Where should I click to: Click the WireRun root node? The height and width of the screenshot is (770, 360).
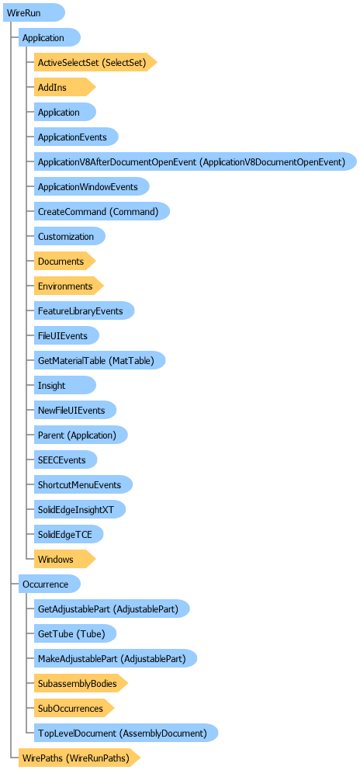coord(34,12)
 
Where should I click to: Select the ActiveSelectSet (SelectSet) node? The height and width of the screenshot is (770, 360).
coord(95,62)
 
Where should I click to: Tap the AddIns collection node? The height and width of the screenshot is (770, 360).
coord(64,88)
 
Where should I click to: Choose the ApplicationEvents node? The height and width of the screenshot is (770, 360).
coord(76,137)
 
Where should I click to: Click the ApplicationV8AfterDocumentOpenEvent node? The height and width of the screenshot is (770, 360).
coord(195,161)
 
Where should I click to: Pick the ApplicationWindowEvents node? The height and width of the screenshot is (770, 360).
coord(92,186)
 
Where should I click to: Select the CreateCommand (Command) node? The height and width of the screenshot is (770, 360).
coord(102,211)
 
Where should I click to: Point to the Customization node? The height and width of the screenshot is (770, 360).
coord(70,236)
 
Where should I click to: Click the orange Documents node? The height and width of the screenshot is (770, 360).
coord(64,261)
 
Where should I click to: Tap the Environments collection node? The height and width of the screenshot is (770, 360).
coord(69,286)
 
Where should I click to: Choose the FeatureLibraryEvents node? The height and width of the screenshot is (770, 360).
coord(84,310)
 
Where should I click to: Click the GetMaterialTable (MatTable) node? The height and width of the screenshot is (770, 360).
coord(99,360)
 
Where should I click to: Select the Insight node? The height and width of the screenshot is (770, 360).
coord(65,385)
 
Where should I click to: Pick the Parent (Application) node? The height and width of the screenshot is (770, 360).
coord(81,435)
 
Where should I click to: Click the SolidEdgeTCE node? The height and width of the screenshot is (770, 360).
coord(69,534)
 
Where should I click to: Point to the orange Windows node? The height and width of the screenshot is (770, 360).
coord(64,559)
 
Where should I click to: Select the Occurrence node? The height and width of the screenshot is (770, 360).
coord(49,584)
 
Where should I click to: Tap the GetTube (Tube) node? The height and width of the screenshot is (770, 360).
coord(75,633)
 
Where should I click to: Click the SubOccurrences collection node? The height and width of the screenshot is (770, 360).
coord(74,708)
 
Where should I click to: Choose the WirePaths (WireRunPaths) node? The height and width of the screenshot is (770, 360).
coord(80,758)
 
